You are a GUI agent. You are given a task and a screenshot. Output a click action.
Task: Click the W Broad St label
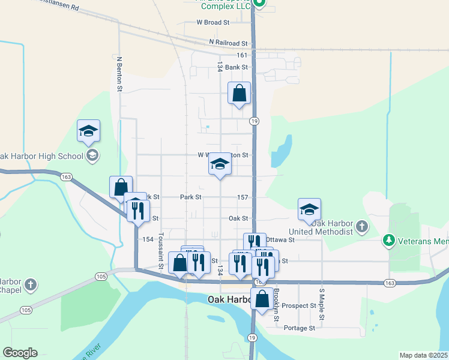pyautogui.click(x=213, y=22)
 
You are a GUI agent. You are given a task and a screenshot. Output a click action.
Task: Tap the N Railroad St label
pyautogui.click(x=228, y=43)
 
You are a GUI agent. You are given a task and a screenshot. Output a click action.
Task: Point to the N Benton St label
pyautogui.click(x=119, y=74)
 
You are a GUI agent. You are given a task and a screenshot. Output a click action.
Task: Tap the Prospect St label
pyautogui.click(x=300, y=305)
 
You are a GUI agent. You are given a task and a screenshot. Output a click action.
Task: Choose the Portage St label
pyautogui.click(x=299, y=328)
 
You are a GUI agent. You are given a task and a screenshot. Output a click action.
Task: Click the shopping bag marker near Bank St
pyautogui.click(x=239, y=94)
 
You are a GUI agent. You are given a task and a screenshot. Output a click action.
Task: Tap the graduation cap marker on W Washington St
pyautogui.click(x=220, y=164)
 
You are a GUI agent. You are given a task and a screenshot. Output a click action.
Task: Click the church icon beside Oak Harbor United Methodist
pyautogui.click(x=361, y=226)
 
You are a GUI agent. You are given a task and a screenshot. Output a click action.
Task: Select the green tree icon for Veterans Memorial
pyautogui.click(x=389, y=241)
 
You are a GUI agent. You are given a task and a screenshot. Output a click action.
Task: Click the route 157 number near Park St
pyautogui.click(x=243, y=197)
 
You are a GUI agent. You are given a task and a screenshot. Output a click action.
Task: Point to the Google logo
pyautogui.click(x=20, y=353)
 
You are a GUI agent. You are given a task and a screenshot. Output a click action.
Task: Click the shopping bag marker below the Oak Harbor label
pyautogui.click(x=262, y=298)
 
